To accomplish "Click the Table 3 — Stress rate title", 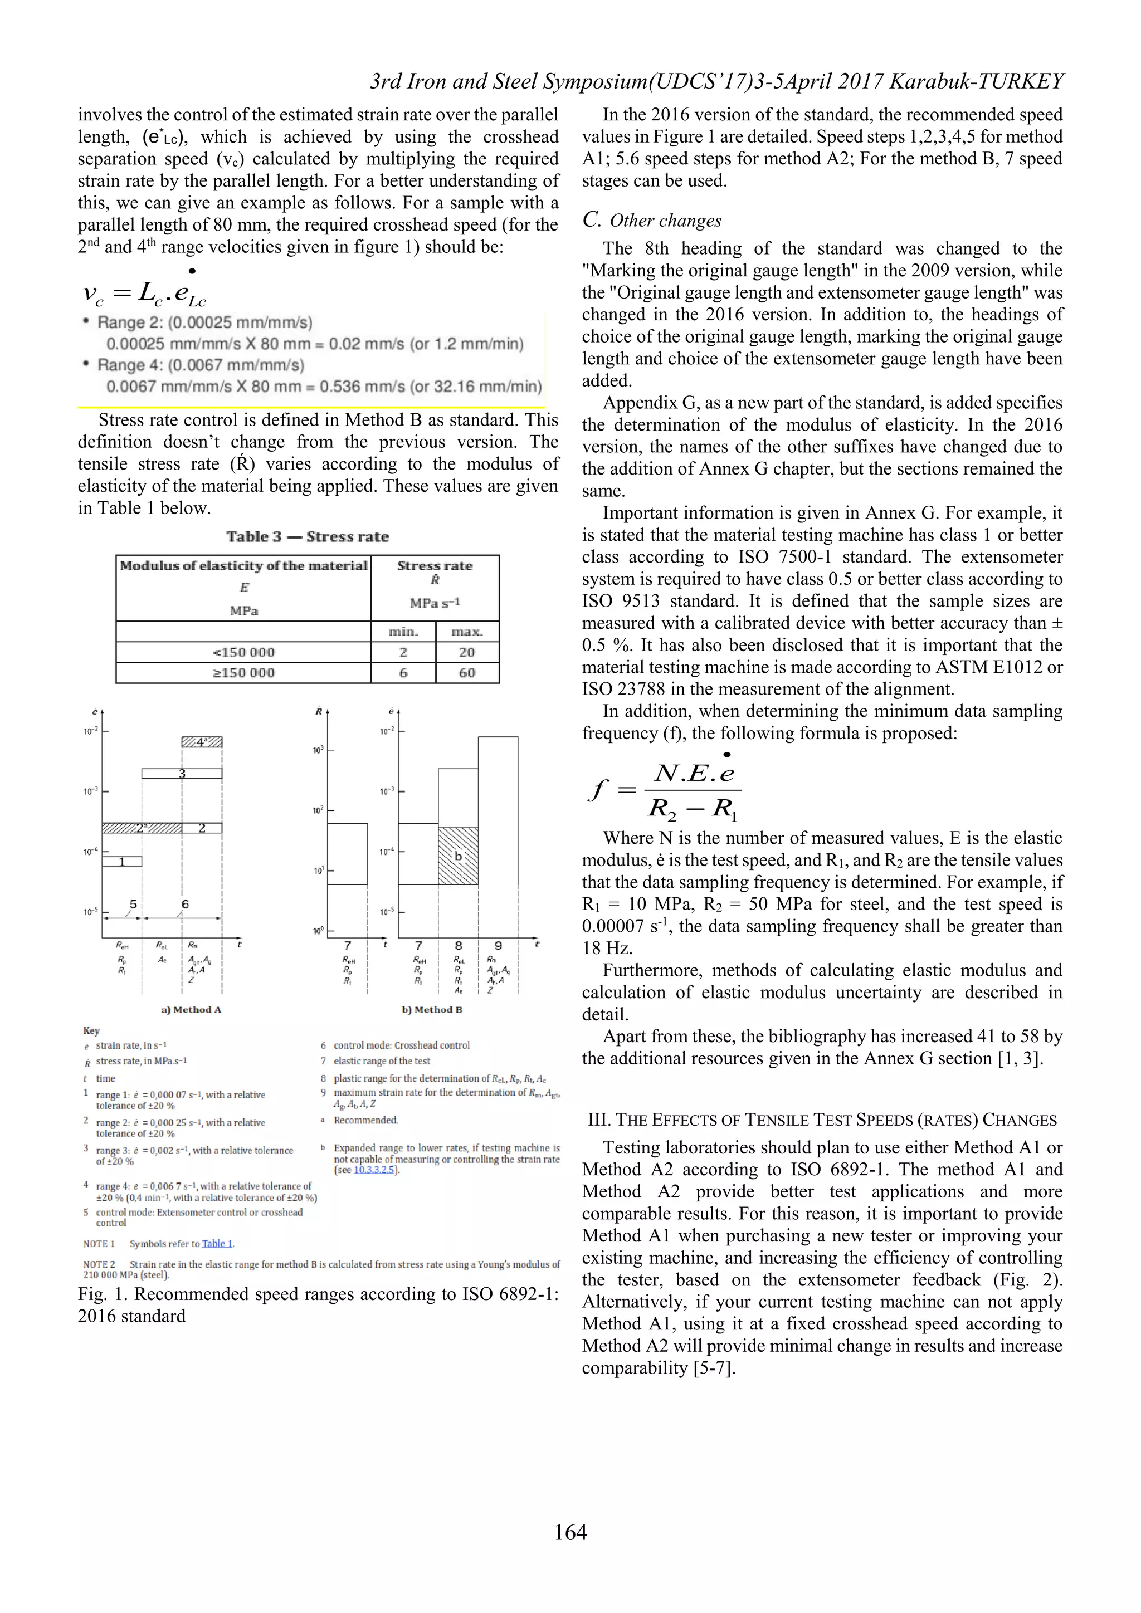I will tap(307, 537).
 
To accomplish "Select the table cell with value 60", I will tap(467, 672).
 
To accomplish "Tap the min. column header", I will tap(403, 632).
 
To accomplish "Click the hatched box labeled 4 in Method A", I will tap(202, 742).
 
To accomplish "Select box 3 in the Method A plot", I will tap(182, 774).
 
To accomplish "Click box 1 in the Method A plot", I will tap(122, 861).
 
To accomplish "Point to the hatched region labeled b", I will tap(458, 856).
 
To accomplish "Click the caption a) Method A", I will tap(191, 1010).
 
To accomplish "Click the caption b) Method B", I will tap(432, 1010).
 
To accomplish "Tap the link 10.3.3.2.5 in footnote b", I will tap(374, 1170).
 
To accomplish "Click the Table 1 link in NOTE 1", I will tap(217, 1244).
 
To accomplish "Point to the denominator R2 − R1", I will tap(692, 809).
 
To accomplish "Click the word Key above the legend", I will tap(91, 1030).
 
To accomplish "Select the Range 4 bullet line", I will tap(200, 365).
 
